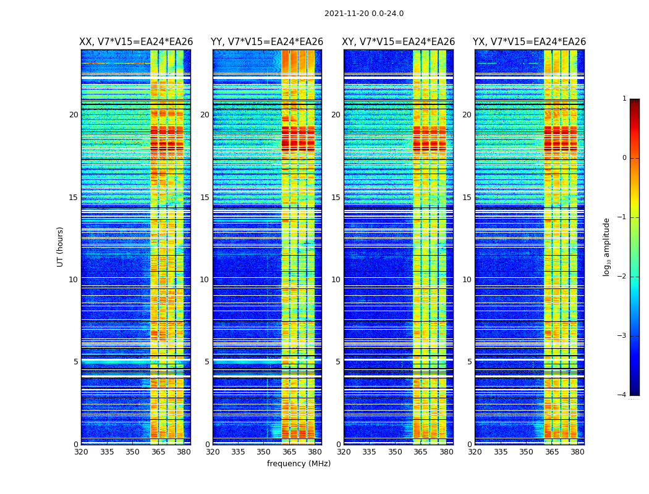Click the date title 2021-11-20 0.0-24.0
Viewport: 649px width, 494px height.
(x=364, y=14)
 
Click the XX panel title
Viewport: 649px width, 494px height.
(x=136, y=42)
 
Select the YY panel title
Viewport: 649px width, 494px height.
(x=267, y=42)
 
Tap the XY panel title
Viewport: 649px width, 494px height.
(x=399, y=42)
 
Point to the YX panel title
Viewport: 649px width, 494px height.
(x=529, y=42)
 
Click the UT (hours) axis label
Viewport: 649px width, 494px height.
(x=60, y=246)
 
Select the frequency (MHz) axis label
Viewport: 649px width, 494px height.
(x=299, y=464)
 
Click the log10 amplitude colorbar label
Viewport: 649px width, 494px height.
(x=606, y=246)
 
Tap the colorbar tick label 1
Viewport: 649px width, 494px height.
(x=624, y=99)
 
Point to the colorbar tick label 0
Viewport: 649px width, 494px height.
(x=624, y=158)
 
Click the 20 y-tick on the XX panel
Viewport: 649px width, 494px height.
(x=74, y=115)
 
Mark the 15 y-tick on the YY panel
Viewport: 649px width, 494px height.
(x=205, y=198)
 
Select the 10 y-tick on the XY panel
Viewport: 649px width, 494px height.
(x=336, y=280)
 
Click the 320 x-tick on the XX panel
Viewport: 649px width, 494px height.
(x=81, y=452)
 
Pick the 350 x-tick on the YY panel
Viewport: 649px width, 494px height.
(x=264, y=452)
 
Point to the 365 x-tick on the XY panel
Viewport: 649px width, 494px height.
(x=420, y=452)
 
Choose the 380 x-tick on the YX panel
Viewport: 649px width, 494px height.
(x=577, y=452)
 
